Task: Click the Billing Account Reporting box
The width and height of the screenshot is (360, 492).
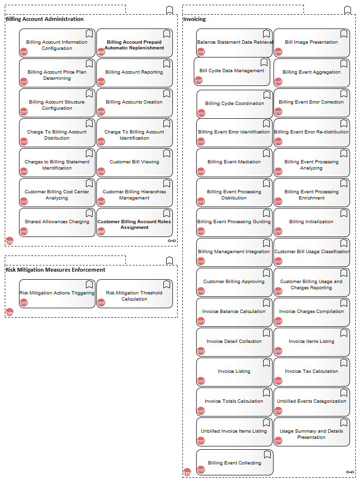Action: (x=134, y=73)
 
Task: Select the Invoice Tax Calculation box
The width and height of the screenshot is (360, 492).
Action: (x=312, y=372)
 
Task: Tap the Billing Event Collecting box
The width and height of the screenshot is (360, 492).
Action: (x=235, y=462)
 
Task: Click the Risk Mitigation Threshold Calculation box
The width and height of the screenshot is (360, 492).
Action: (x=134, y=293)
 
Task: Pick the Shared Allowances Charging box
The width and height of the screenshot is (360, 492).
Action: (x=57, y=222)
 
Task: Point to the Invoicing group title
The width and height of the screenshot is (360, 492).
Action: (x=195, y=19)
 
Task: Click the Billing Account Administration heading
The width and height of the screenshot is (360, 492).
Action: (x=45, y=19)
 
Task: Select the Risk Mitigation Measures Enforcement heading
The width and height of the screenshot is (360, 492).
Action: (x=56, y=270)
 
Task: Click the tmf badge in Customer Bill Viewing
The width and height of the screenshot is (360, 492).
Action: (x=101, y=171)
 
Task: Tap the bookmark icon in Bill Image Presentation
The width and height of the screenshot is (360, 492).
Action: (x=344, y=34)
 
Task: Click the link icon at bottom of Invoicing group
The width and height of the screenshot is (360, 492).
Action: (x=350, y=472)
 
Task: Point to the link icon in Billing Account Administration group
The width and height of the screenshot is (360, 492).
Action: (x=171, y=241)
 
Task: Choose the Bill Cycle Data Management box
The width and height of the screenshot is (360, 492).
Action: (x=232, y=71)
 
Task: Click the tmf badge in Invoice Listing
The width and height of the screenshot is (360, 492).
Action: (x=200, y=381)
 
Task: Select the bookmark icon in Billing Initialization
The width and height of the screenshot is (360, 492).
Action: (x=344, y=213)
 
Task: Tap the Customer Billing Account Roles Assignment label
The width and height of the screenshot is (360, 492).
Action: (x=134, y=224)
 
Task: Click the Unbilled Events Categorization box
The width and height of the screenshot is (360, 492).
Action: (x=312, y=402)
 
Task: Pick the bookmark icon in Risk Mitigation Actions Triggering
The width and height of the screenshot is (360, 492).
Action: (x=89, y=284)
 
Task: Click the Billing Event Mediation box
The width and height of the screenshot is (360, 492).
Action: (x=234, y=162)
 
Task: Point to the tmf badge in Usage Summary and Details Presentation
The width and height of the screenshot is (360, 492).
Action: (x=278, y=441)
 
